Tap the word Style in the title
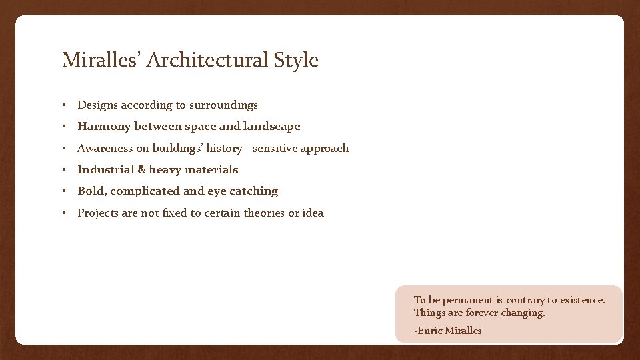(x=296, y=60)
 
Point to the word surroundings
(x=223, y=105)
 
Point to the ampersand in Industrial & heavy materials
(x=141, y=170)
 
